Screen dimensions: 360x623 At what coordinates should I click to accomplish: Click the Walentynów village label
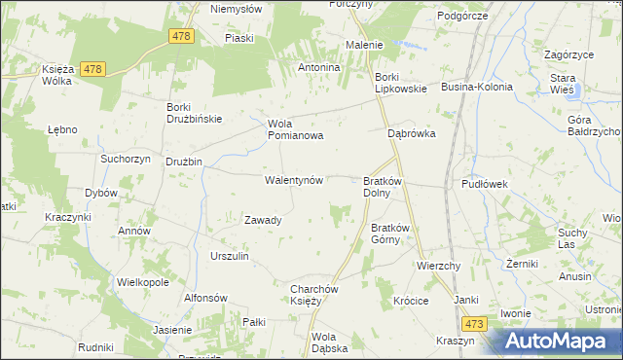[x=294, y=181]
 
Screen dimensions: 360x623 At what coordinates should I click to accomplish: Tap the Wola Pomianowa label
[x=295, y=130]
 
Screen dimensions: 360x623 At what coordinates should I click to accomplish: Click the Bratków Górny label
[x=385, y=234]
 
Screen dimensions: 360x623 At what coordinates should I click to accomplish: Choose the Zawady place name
[x=263, y=220]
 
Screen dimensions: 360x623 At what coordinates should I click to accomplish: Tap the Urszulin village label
[x=230, y=256]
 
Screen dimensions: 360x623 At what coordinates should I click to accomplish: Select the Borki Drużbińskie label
[x=195, y=113]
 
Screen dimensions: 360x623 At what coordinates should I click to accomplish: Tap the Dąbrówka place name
[x=411, y=134]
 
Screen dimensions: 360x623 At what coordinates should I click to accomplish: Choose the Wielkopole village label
[x=143, y=282]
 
